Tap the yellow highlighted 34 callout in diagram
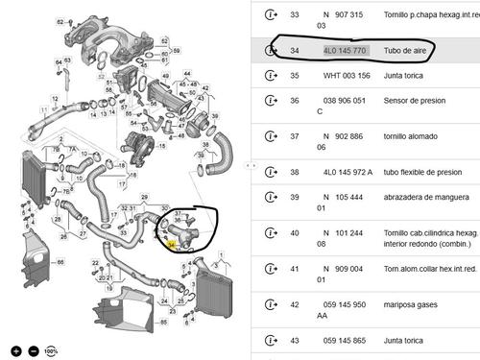[x=172, y=245]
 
